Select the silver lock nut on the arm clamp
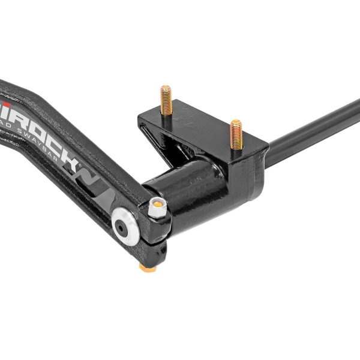pyautogui.click(x=157, y=206)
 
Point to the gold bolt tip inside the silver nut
pyautogui.click(x=157, y=205)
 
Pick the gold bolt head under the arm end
pyautogui.click(x=144, y=265)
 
